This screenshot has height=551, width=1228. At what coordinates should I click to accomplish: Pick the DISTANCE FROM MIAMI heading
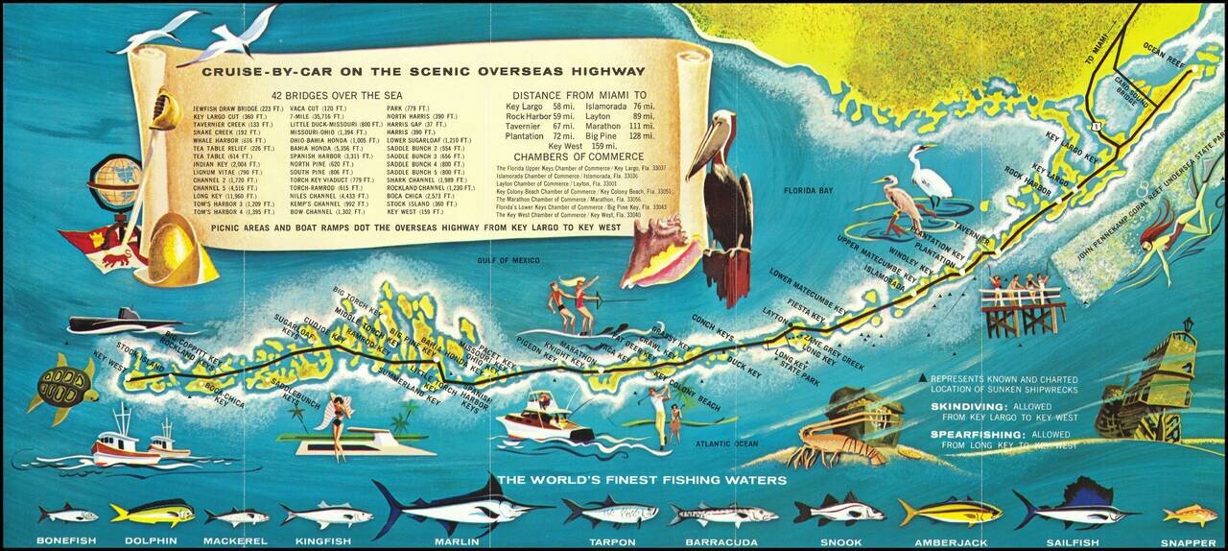(x=578, y=96)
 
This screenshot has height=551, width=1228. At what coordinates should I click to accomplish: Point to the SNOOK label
(x=840, y=541)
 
